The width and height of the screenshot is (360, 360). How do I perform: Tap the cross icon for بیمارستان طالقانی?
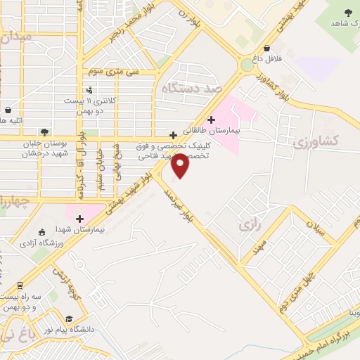[211, 120]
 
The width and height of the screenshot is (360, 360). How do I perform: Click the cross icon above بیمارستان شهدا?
[79, 219]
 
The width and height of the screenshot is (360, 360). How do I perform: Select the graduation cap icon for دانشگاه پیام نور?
[69, 317]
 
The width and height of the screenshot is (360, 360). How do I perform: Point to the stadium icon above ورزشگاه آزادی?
[41, 232]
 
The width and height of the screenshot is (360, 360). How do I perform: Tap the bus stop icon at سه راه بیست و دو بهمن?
[20, 285]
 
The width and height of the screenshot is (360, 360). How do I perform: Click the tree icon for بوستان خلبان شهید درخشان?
[44, 131]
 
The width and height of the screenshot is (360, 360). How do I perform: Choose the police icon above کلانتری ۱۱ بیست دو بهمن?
[89, 90]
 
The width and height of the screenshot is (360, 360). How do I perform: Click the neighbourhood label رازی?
[245, 226]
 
